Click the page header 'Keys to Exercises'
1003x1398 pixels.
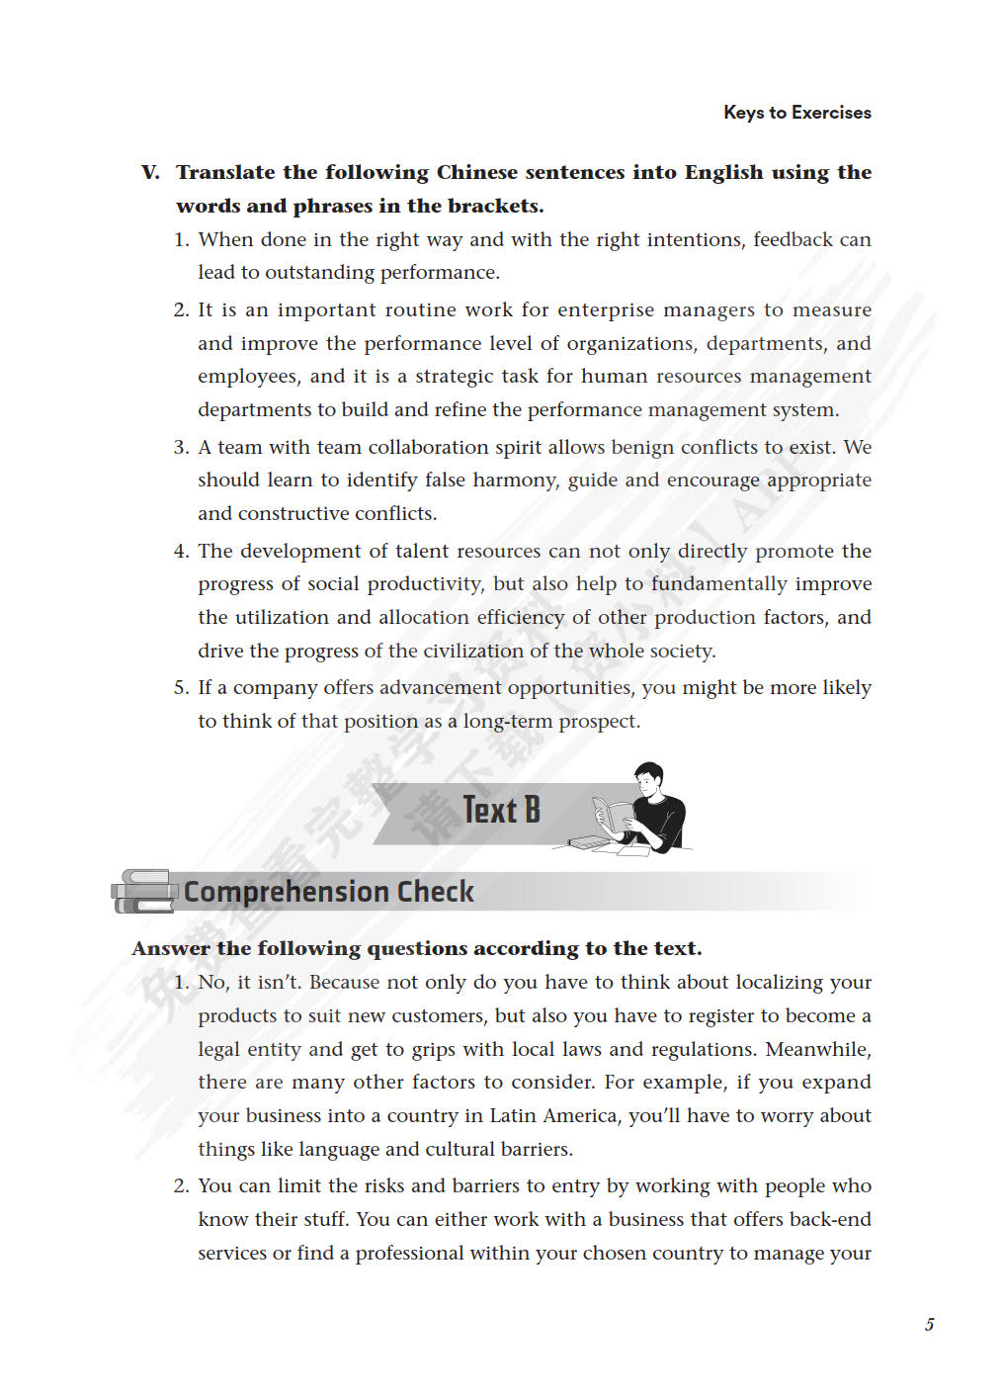[796, 113]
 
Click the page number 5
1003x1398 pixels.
[929, 1325]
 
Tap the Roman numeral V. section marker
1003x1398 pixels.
[150, 173]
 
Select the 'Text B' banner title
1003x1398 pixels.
[501, 811]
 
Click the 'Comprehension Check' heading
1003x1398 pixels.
[328, 892]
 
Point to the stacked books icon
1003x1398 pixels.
[144, 891]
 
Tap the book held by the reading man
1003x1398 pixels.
[614, 816]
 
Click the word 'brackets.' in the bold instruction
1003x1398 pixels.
[496, 207]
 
